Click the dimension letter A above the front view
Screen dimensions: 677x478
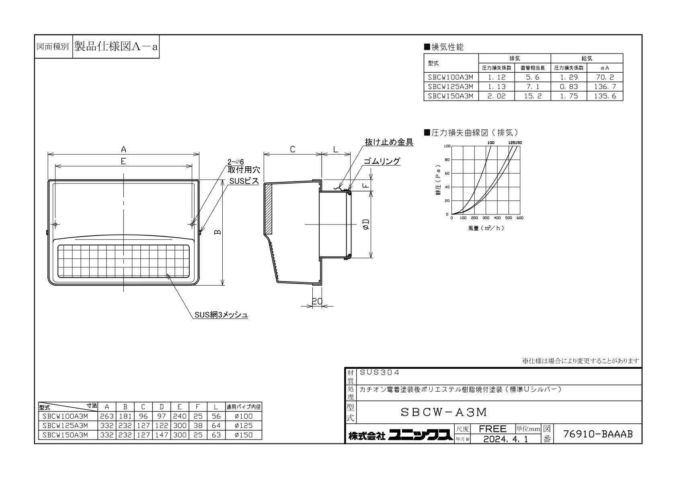tap(123, 149)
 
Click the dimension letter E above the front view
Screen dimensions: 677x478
tap(123, 161)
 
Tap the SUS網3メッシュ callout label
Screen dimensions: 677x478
tap(221, 315)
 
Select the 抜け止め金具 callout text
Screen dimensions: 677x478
tap(389, 142)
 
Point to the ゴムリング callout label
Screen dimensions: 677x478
tap(382, 161)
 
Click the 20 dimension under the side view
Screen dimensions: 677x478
tap(317, 301)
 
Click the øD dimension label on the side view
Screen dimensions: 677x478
tap(366, 225)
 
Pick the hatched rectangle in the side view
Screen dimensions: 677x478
tap(269, 209)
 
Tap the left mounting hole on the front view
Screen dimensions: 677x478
tap(55, 225)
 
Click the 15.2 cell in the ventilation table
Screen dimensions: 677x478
tap(533, 96)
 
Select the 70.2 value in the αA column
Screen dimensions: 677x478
tap(605, 77)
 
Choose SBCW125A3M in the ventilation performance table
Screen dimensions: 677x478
tap(451, 87)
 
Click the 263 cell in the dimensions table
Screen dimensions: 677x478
tap(107, 416)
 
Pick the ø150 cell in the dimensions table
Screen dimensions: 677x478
tap(244, 435)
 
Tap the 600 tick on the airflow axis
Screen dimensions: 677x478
tap(520, 218)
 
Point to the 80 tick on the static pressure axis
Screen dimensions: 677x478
tap(447, 160)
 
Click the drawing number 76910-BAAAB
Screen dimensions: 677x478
tap(598, 434)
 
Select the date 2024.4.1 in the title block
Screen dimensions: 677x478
tap(506, 439)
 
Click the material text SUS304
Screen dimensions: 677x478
tap(380, 372)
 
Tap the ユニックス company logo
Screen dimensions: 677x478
tap(421, 435)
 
